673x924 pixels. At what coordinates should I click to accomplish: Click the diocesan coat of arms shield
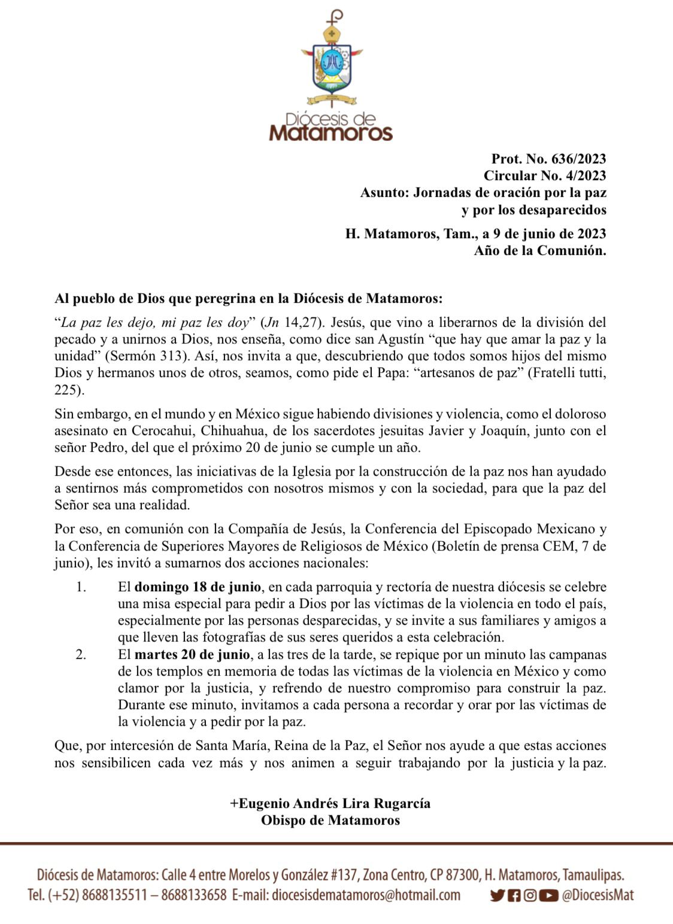[332, 65]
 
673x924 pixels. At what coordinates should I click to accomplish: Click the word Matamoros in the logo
[331, 132]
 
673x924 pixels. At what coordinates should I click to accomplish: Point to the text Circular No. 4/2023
[545, 175]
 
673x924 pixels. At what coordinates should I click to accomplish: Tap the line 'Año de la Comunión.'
[539, 250]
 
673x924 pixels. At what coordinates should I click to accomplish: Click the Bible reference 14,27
[301, 323]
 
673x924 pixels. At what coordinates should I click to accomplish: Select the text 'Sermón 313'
[143, 356]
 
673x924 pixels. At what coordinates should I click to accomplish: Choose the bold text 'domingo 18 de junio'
[198, 586]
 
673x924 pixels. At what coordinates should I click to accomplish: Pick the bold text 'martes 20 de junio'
[192, 654]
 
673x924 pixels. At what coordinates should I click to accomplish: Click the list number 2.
[81, 654]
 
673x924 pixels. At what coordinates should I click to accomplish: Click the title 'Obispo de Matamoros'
[331, 820]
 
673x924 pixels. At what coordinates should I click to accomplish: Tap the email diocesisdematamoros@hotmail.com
[366, 895]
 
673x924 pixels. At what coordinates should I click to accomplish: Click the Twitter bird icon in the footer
[497, 895]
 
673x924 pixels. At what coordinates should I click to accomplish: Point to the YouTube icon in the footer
[548, 895]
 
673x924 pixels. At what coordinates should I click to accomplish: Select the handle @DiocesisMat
[598, 895]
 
